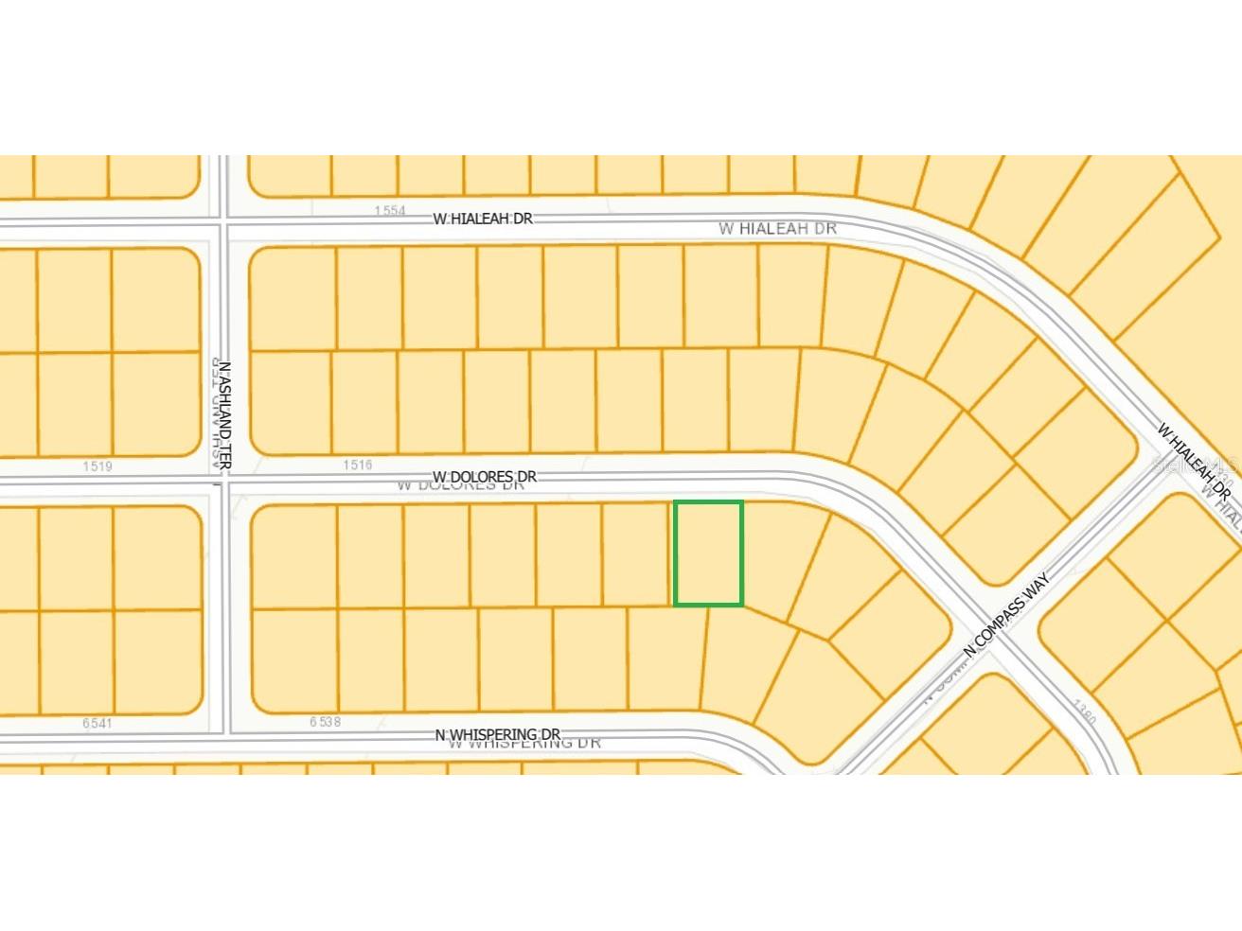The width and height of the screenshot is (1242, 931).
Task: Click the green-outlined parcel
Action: pos(708,553)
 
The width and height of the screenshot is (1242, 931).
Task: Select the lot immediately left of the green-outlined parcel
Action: pos(637,553)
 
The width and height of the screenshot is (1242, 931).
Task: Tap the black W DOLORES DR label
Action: pos(485,476)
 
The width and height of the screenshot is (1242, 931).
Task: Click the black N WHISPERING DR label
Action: pos(497,734)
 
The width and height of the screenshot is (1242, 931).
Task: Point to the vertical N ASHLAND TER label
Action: pos(225,416)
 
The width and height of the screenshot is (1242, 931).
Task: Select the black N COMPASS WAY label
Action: pos(1006,615)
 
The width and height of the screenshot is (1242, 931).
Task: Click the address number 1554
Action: pos(389,210)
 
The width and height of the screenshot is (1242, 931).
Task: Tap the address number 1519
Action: pos(98,465)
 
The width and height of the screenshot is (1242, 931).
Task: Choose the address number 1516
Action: pos(357,465)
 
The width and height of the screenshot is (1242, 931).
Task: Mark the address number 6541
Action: pos(97,723)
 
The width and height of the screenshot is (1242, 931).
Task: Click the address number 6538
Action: pos(325,722)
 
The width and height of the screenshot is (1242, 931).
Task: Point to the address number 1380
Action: pos(1085,712)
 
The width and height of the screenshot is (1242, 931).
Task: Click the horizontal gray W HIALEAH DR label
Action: pos(777,228)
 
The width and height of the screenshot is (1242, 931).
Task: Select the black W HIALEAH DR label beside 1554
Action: pos(483,219)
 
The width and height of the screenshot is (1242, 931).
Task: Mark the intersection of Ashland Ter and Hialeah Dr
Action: pos(224,223)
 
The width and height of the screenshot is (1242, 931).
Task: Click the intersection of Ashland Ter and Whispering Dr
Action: pos(224,739)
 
